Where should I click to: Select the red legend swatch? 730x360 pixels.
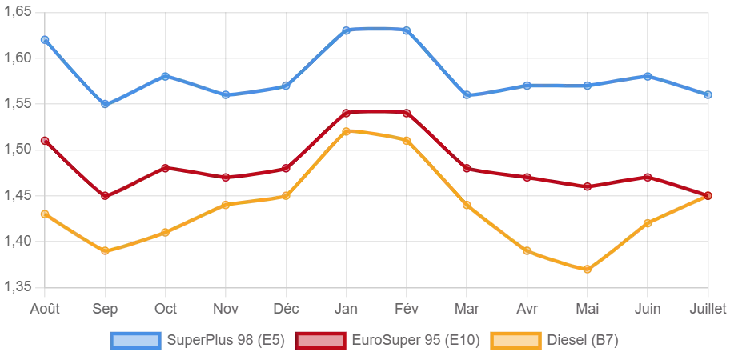click(321, 340)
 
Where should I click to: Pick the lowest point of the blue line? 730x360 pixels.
click(106, 105)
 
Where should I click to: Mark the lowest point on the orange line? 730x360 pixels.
click(587, 270)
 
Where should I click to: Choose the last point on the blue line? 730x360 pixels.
click(708, 95)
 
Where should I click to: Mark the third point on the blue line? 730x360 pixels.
click(166, 75)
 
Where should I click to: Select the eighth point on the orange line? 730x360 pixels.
click(467, 205)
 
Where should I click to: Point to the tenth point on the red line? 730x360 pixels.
click(587, 186)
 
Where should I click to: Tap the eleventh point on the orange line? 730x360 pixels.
click(647, 223)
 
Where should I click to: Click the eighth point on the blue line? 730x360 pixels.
click(467, 95)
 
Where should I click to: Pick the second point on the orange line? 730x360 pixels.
click(106, 251)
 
